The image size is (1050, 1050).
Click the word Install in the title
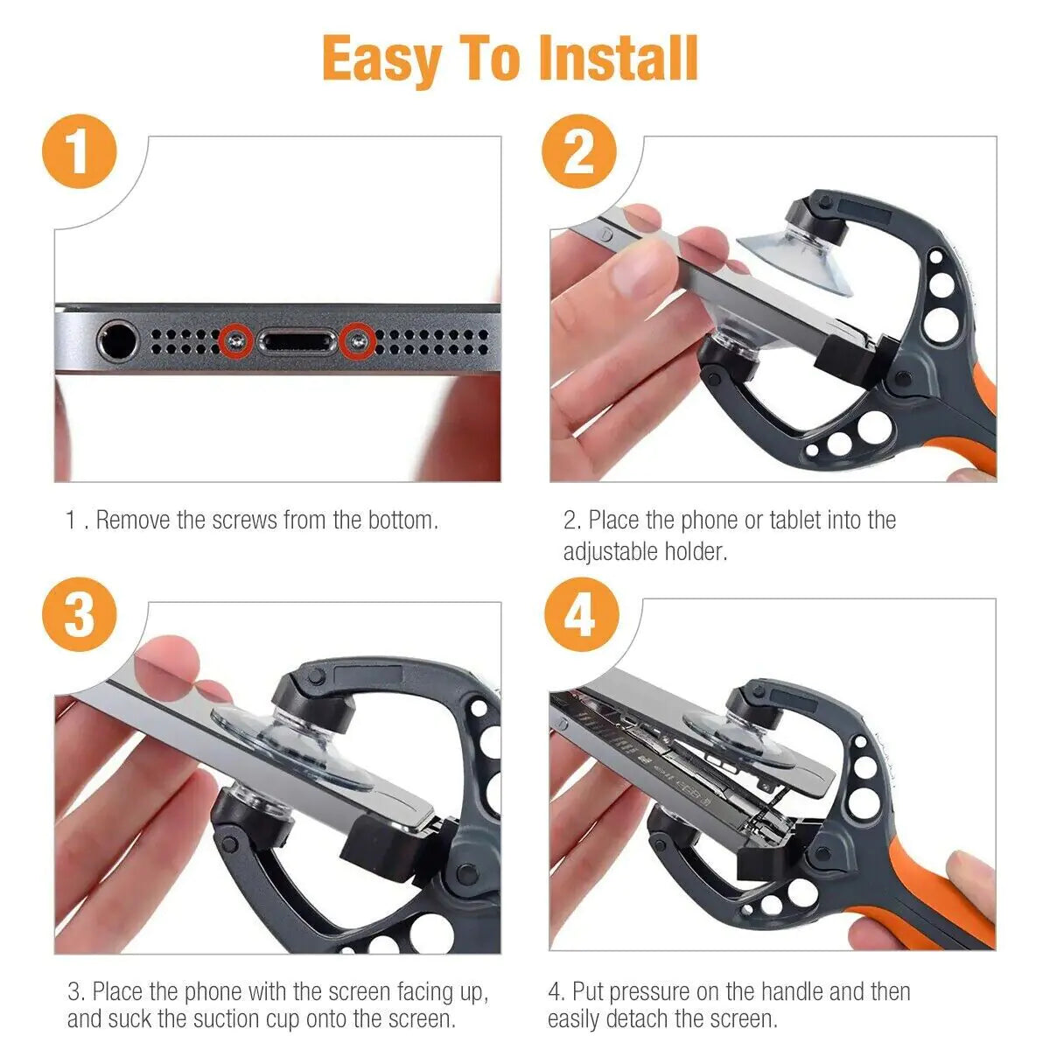point(618,59)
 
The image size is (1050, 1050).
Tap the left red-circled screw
point(235,340)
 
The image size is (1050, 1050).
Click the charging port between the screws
point(296,341)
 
